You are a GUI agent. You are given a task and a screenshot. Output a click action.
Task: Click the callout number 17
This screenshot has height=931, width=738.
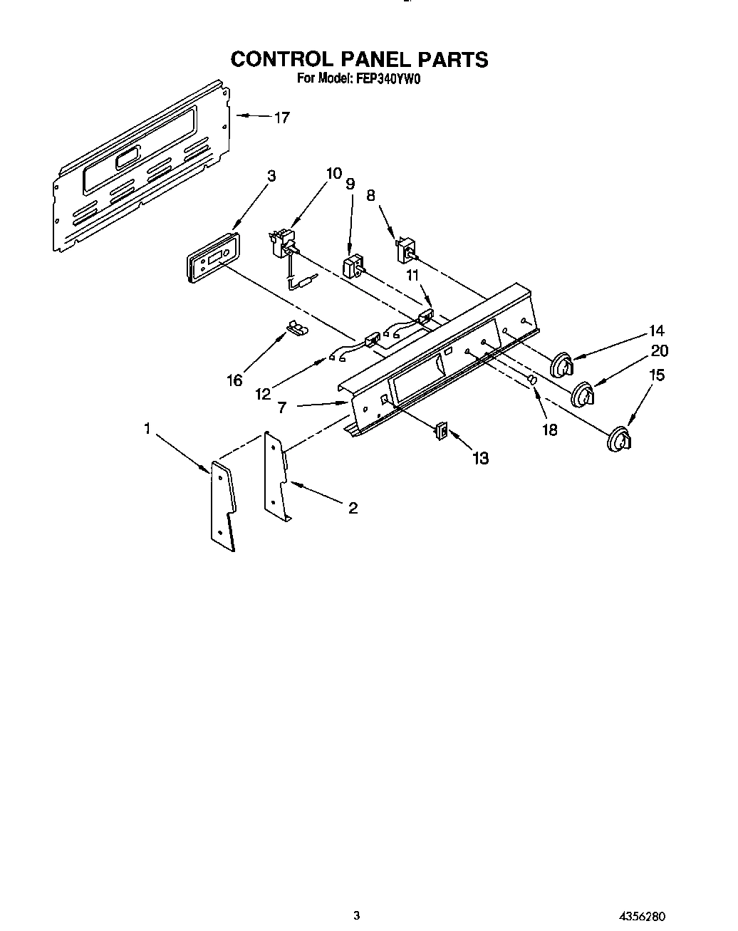[282, 118]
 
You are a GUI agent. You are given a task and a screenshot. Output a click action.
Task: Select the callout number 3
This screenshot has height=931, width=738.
[271, 176]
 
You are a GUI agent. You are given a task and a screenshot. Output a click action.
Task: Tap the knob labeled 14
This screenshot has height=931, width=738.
[563, 363]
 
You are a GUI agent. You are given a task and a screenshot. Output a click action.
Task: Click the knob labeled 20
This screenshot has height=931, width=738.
[585, 394]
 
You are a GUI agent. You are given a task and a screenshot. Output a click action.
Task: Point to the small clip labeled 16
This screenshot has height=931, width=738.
[295, 328]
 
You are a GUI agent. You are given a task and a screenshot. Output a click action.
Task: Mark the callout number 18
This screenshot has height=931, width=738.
[549, 430]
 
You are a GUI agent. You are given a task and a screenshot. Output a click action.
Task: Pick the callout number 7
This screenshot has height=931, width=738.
[282, 407]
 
